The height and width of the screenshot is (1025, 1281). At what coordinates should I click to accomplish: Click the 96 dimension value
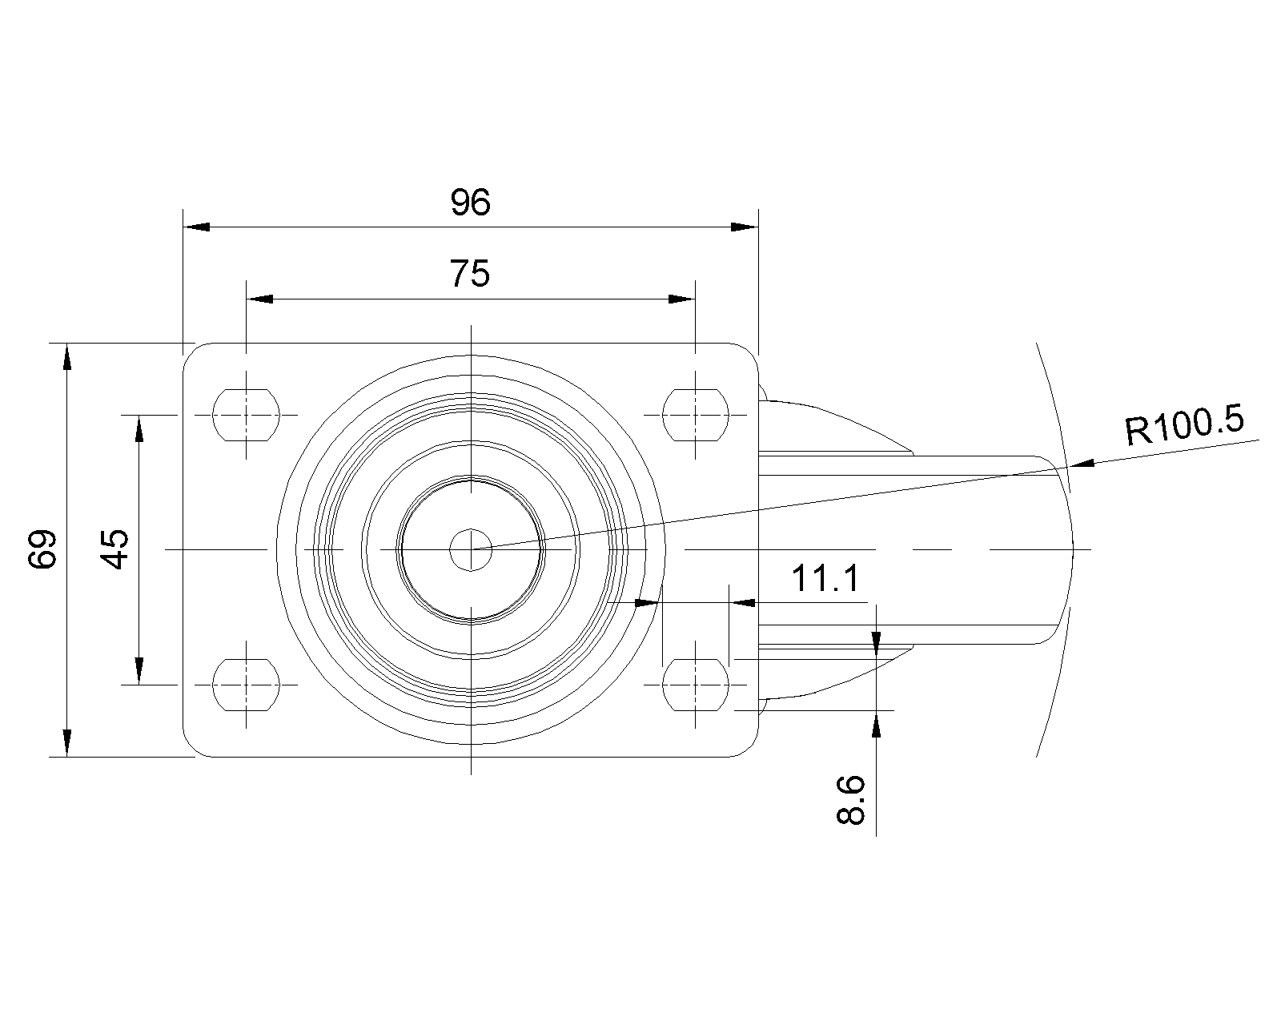click(470, 202)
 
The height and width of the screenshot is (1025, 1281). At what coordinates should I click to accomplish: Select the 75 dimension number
click(470, 273)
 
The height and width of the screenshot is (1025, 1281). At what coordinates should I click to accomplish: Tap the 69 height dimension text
click(42, 549)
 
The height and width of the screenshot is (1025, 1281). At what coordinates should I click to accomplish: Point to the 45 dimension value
click(114, 549)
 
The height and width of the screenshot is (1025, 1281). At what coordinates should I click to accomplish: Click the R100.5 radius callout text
click(1184, 424)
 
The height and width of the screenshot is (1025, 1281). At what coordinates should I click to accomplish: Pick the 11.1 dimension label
click(825, 578)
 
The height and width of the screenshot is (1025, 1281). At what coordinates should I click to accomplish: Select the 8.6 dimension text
click(850, 800)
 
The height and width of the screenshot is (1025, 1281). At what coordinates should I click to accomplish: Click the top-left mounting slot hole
click(246, 415)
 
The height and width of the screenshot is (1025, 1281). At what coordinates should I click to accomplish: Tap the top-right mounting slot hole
click(695, 415)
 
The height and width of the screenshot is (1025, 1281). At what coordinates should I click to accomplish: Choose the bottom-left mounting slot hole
click(246, 685)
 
